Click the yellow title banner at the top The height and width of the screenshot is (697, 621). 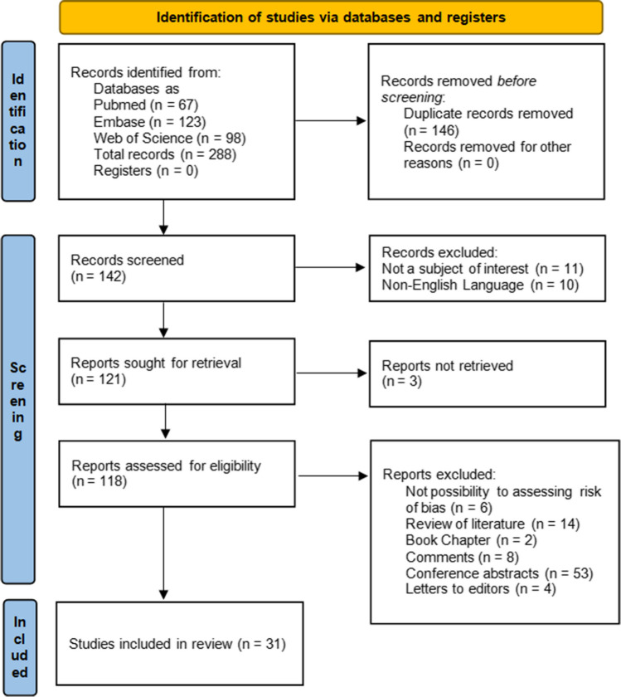click(x=331, y=17)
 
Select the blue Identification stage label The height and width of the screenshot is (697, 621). click(x=18, y=121)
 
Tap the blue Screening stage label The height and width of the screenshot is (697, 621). click(x=18, y=409)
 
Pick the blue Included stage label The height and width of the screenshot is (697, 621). click(x=20, y=647)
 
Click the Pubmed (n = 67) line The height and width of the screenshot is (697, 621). click(x=146, y=105)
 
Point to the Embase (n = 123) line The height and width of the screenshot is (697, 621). click(x=150, y=121)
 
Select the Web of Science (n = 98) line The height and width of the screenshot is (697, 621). click(x=169, y=138)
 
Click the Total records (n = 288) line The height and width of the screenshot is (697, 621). click(x=165, y=154)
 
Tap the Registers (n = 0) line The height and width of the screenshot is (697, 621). click(x=146, y=171)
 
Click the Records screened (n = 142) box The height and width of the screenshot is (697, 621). click(x=177, y=269)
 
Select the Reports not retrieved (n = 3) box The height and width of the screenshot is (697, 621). click(x=488, y=374)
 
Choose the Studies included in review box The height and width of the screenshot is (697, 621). click(x=179, y=644)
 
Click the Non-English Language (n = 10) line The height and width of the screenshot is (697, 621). click(x=480, y=285)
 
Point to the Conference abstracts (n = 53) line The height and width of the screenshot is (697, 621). click(x=499, y=573)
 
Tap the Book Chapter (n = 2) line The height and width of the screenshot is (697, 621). click(x=471, y=540)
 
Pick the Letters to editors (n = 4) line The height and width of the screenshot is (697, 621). click(x=481, y=589)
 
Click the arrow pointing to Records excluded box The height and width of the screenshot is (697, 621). click(x=330, y=267)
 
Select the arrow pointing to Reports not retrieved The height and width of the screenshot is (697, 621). click(x=332, y=373)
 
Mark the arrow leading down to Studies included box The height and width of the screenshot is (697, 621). click(x=163, y=553)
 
